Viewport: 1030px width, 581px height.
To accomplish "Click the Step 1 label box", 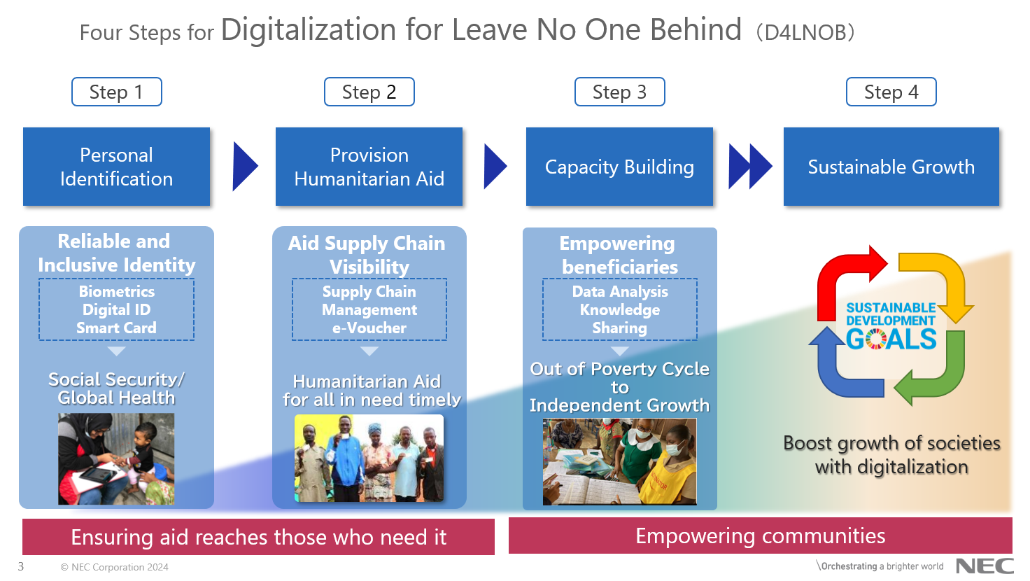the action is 117,92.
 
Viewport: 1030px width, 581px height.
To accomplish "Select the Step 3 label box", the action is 619,92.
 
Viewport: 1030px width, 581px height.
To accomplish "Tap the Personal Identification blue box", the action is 116,167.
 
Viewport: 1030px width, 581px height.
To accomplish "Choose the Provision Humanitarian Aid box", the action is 369,167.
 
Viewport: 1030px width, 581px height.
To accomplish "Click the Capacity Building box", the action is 619,167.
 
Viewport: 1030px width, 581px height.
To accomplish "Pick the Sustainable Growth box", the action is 891,167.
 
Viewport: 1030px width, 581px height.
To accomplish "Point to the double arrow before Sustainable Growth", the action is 750,167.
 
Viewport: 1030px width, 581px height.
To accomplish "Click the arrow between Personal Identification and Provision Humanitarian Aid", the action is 245,166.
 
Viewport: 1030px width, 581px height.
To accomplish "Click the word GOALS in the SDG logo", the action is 891,339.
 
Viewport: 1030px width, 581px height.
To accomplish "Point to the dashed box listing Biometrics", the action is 116,309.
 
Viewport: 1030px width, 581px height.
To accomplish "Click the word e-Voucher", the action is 369,328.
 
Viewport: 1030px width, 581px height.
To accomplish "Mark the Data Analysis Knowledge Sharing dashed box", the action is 620,309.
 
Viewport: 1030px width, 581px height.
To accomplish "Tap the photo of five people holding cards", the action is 369,458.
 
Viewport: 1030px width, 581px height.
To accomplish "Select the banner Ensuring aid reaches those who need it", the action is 258,537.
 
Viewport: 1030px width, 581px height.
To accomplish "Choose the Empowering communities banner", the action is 761,536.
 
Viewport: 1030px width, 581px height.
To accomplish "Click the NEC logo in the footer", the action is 985,566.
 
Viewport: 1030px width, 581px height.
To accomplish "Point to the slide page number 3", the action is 21,566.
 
